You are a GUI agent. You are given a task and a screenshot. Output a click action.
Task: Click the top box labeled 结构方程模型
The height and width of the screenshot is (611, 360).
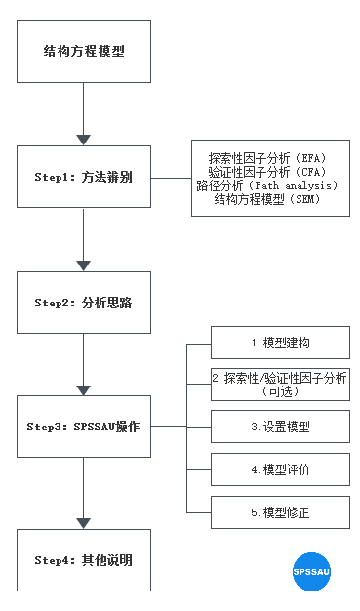(x=84, y=51)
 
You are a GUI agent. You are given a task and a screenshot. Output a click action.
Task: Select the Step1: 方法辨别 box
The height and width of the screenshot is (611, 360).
(x=84, y=177)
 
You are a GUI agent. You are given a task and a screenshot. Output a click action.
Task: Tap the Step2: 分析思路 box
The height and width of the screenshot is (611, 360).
(x=84, y=302)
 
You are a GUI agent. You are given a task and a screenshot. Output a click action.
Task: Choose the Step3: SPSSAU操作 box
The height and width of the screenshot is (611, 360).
(x=84, y=427)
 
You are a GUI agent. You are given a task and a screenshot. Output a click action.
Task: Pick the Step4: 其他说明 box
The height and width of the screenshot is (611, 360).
(x=84, y=559)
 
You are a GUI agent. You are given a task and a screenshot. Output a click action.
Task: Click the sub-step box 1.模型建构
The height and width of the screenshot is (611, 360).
(x=280, y=343)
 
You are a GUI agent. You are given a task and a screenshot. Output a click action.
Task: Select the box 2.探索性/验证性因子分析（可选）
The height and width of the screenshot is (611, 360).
(x=280, y=384)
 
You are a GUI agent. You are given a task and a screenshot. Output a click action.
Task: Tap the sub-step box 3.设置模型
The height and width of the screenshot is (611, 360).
(x=280, y=427)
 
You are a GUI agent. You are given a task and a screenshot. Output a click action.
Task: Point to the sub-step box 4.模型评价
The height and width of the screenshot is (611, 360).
(x=280, y=469)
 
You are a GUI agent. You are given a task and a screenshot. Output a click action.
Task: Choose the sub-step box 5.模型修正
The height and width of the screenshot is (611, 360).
(x=280, y=511)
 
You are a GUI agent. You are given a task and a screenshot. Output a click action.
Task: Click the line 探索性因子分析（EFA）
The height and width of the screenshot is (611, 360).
(x=266, y=158)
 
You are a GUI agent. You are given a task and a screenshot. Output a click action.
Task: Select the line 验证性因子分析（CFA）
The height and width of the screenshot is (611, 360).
(x=266, y=172)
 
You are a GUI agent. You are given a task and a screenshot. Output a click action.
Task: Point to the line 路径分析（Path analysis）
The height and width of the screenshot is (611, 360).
(x=266, y=185)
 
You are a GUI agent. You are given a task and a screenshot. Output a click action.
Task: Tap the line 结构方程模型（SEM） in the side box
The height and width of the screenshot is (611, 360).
(x=266, y=199)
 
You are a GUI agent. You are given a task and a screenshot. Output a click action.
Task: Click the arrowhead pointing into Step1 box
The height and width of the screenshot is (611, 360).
(x=84, y=140)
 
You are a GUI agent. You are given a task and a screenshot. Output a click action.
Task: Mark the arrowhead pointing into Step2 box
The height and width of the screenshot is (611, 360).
(x=84, y=265)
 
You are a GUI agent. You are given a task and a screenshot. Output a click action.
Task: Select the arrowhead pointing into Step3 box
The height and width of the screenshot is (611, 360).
(x=84, y=389)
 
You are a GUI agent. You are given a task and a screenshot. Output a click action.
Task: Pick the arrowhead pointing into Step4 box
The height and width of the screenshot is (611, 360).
(x=84, y=522)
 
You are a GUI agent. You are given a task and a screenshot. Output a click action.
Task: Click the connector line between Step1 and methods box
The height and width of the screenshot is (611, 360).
(x=171, y=178)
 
